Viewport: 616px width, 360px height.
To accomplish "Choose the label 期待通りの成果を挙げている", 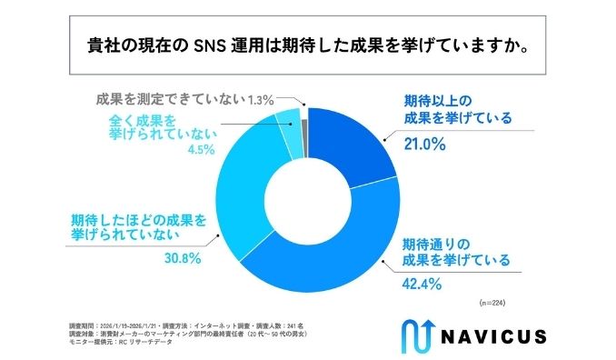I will click(457, 252).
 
